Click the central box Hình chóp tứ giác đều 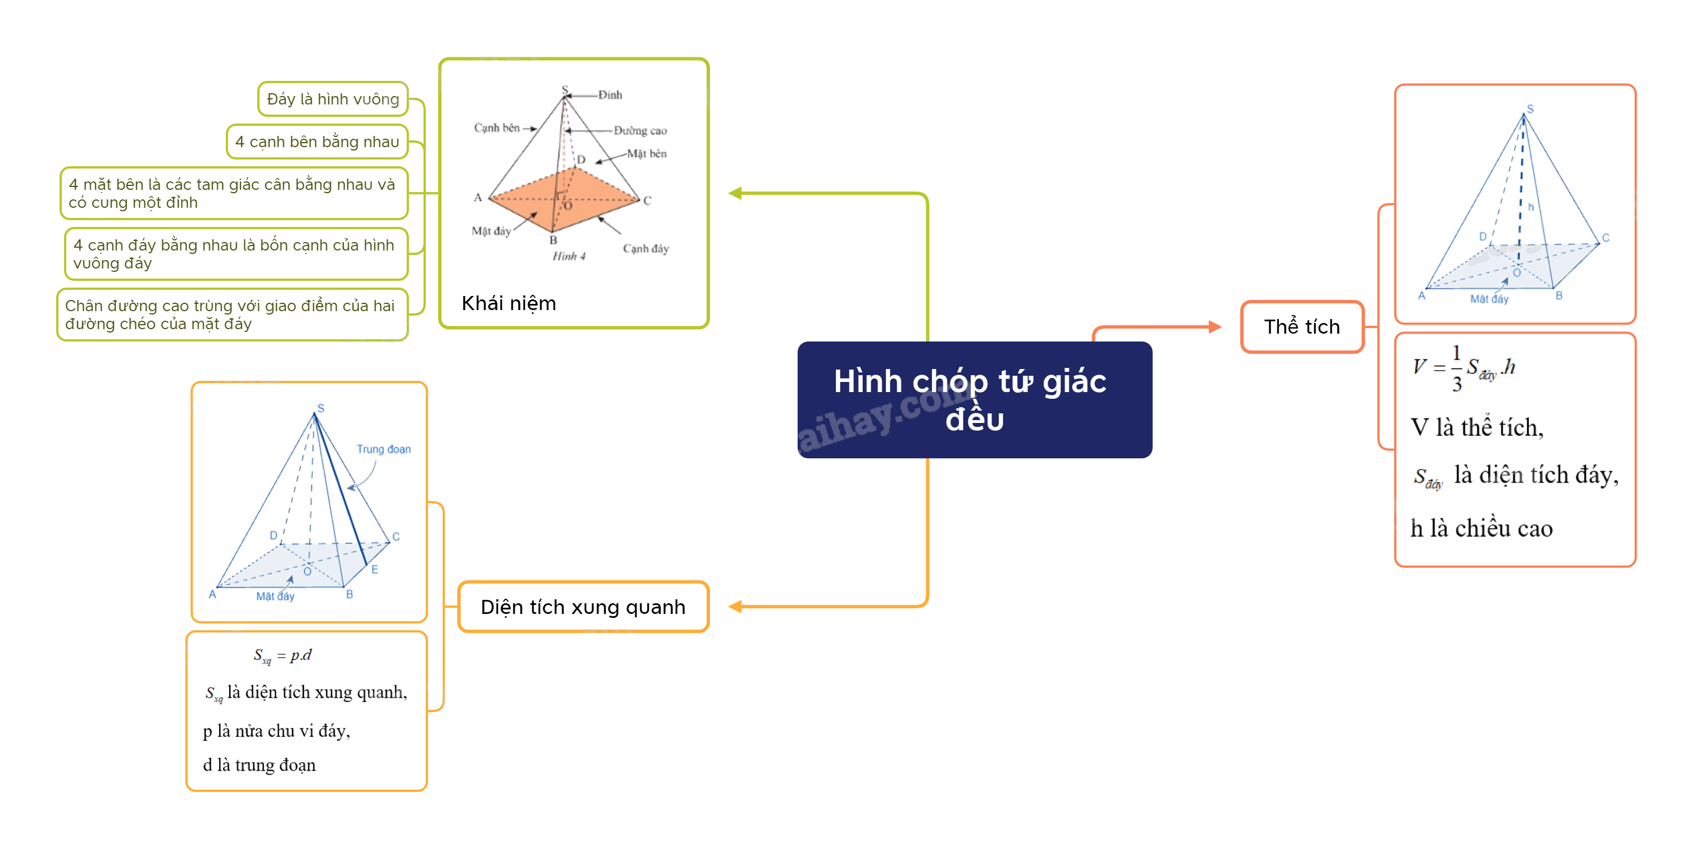click(974, 399)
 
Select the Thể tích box click(1301, 327)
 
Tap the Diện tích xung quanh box click(583, 606)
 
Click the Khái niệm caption click(509, 303)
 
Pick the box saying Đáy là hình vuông click(333, 99)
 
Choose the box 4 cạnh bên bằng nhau click(317, 142)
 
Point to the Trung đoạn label click(383, 449)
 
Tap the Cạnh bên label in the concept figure click(497, 128)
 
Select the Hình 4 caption click(568, 256)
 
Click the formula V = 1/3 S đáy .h click(1464, 368)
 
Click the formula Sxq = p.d click(283, 655)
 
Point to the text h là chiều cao click(1481, 529)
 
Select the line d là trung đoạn click(259, 765)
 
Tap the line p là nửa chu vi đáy click(276, 730)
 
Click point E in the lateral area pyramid click(375, 569)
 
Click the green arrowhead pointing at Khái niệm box click(735, 193)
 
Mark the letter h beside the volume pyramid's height click(1531, 207)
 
